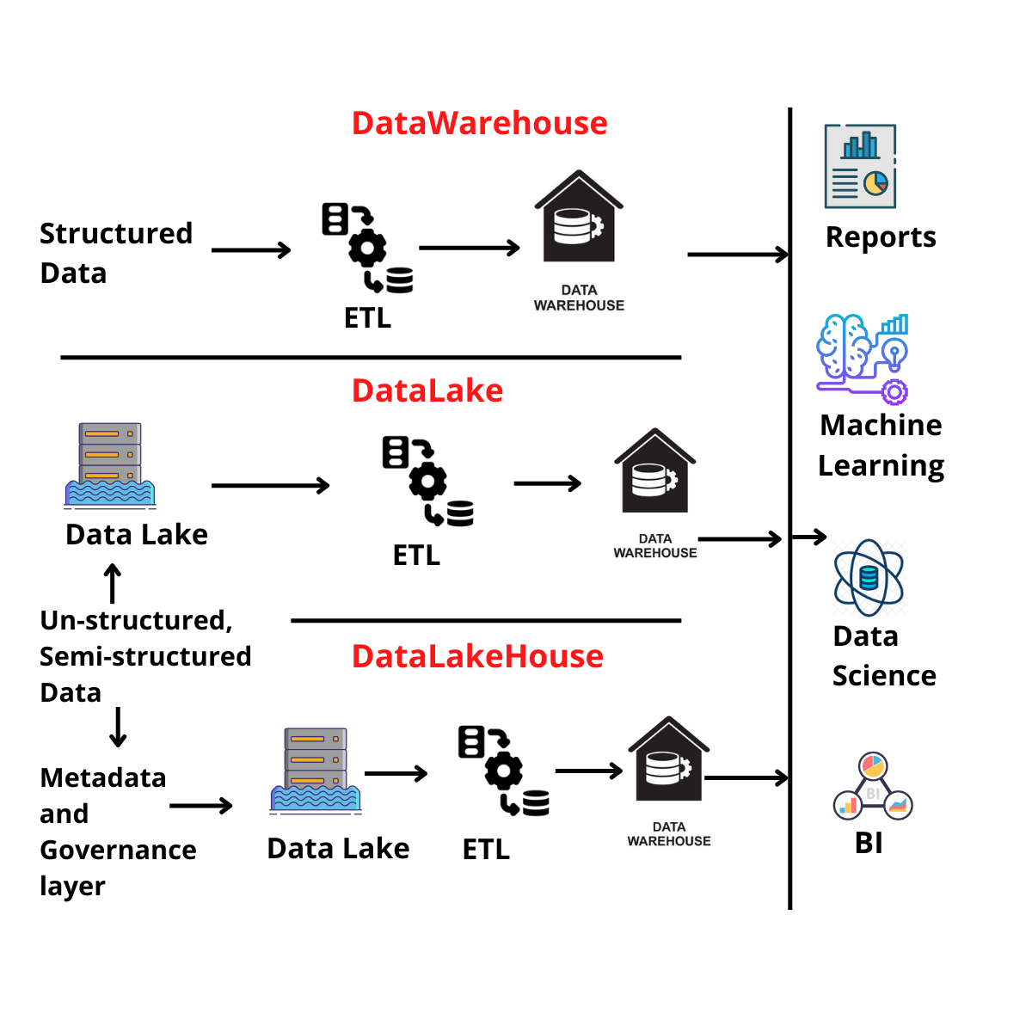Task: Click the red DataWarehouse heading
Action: point(479,123)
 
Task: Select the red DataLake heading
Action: point(427,390)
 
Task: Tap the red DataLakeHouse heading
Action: point(477,656)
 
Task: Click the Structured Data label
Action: point(116,253)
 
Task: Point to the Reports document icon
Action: point(860,166)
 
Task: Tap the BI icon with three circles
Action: point(873,787)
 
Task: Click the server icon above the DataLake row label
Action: point(110,464)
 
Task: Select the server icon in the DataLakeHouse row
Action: point(316,770)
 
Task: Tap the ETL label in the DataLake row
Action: point(416,556)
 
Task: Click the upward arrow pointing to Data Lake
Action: point(113,583)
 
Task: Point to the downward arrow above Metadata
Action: point(119,727)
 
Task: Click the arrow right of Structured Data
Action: point(251,250)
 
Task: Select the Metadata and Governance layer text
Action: point(117,832)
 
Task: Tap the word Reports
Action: point(881,237)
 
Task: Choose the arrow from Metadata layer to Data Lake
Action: point(201,806)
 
